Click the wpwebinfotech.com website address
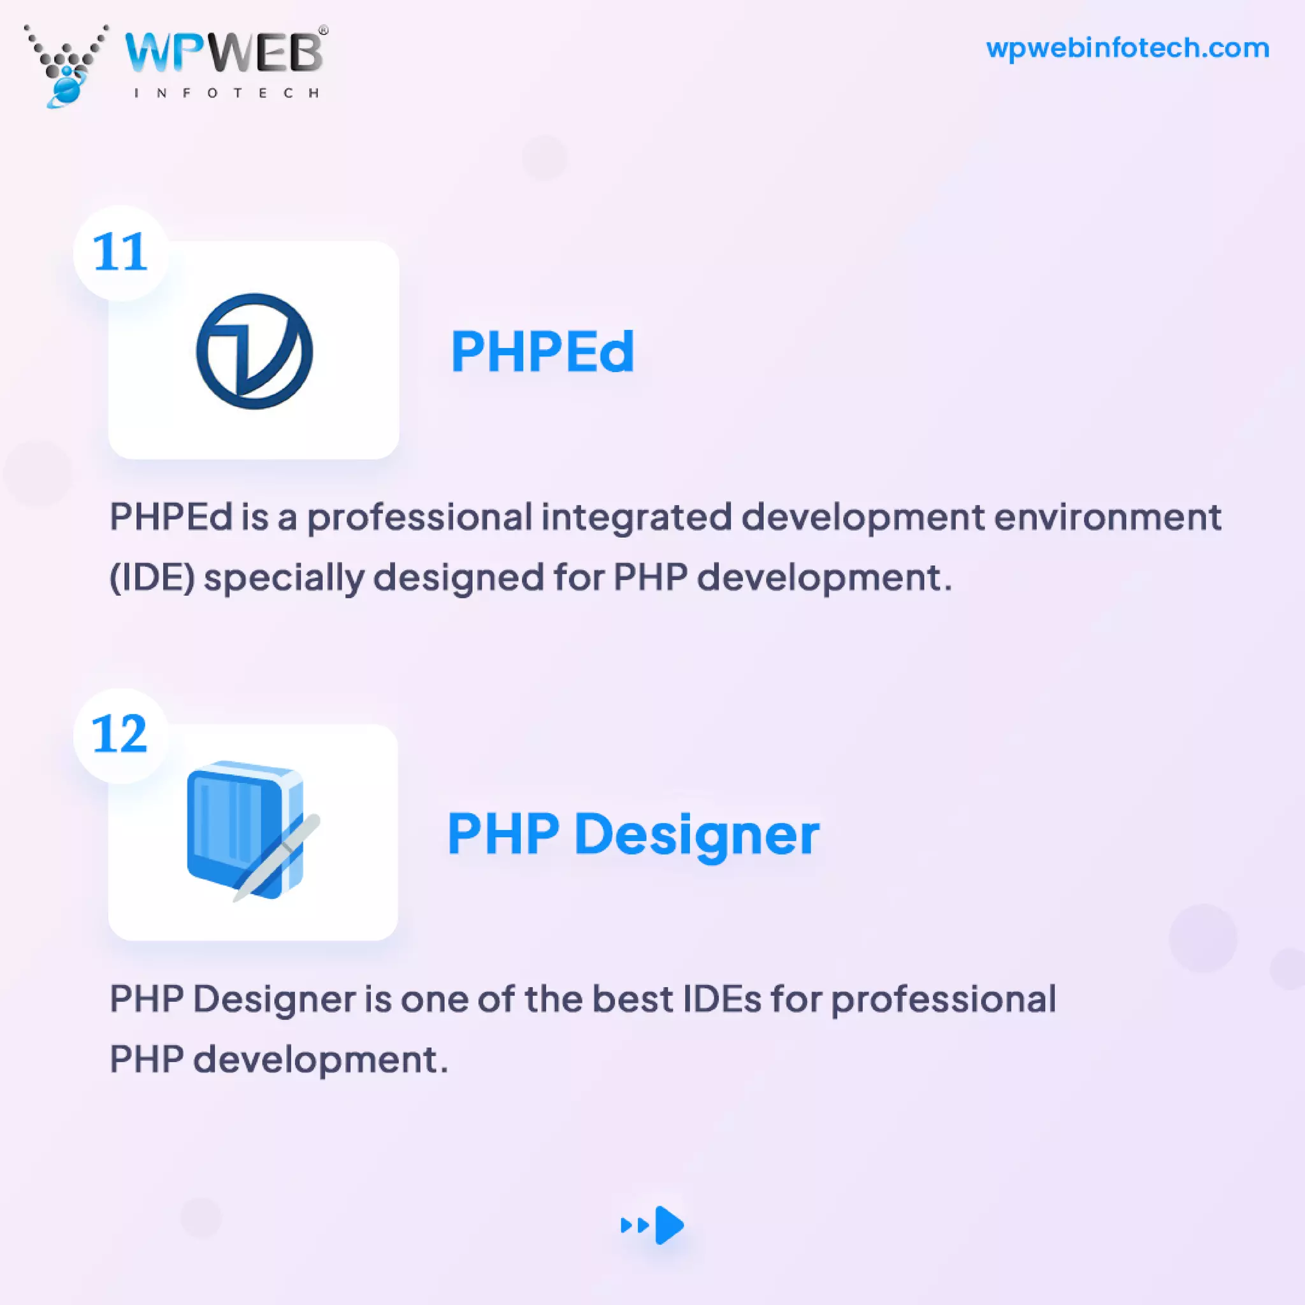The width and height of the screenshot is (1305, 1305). (1127, 48)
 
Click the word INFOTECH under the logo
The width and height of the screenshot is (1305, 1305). (226, 93)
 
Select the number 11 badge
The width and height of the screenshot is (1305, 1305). (120, 252)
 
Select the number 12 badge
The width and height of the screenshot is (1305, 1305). (120, 734)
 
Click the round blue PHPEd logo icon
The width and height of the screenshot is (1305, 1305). (254, 350)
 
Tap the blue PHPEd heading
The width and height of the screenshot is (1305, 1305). (542, 351)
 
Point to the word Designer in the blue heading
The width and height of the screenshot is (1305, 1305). (696, 835)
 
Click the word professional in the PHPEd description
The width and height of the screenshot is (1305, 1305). (419, 517)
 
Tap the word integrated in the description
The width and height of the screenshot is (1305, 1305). (635, 517)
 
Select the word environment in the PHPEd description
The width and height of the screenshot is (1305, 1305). (1107, 517)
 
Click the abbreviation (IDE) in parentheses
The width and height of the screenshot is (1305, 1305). (152, 578)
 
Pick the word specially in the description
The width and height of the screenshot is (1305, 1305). (283, 578)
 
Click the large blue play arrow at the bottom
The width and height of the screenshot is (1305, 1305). (668, 1225)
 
